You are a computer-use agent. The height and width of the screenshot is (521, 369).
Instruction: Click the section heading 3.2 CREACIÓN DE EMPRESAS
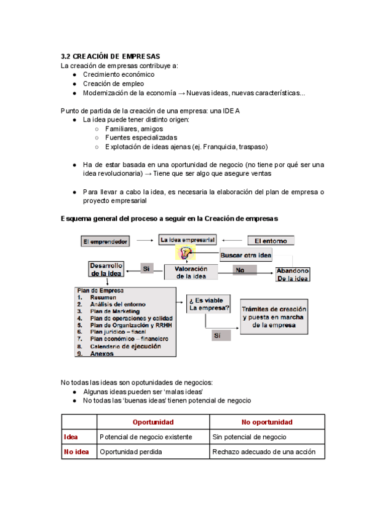point(111,56)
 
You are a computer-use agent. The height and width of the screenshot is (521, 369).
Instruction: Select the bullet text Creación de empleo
point(114,84)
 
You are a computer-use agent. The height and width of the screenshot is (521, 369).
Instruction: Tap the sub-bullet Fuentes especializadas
point(141,138)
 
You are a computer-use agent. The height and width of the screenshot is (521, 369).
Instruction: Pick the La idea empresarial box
point(187,239)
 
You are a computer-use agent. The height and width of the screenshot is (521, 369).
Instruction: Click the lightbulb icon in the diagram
point(184,252)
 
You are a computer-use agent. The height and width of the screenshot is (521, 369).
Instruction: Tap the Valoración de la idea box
point(191,272)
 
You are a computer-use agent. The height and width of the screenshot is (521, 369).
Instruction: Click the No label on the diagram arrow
point(240,270)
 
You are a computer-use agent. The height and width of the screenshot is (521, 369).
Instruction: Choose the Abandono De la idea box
point(292,275)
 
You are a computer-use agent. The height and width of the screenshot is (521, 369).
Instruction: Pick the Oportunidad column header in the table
point(153,422)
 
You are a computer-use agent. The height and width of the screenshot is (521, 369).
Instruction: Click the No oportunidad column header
point(267,422)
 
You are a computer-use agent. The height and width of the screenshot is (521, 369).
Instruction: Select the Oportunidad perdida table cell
point(130,452)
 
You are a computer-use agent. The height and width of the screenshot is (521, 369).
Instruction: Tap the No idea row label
point(76,452)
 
